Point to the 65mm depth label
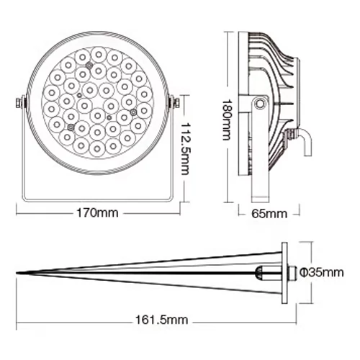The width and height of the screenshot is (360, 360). (270, 214)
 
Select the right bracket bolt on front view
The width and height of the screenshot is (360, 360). (174, 103)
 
